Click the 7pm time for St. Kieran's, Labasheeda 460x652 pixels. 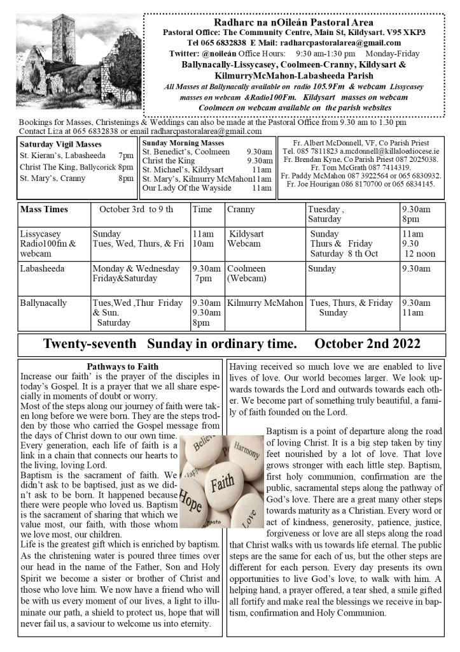(125, 156)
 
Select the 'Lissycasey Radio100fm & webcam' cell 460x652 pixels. (47, 244)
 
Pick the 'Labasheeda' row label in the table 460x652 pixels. (42, 269)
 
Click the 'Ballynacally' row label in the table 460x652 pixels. (44, 303)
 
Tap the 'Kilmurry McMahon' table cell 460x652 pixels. (265, 303)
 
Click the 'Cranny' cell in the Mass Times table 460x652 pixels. (241, 209)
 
